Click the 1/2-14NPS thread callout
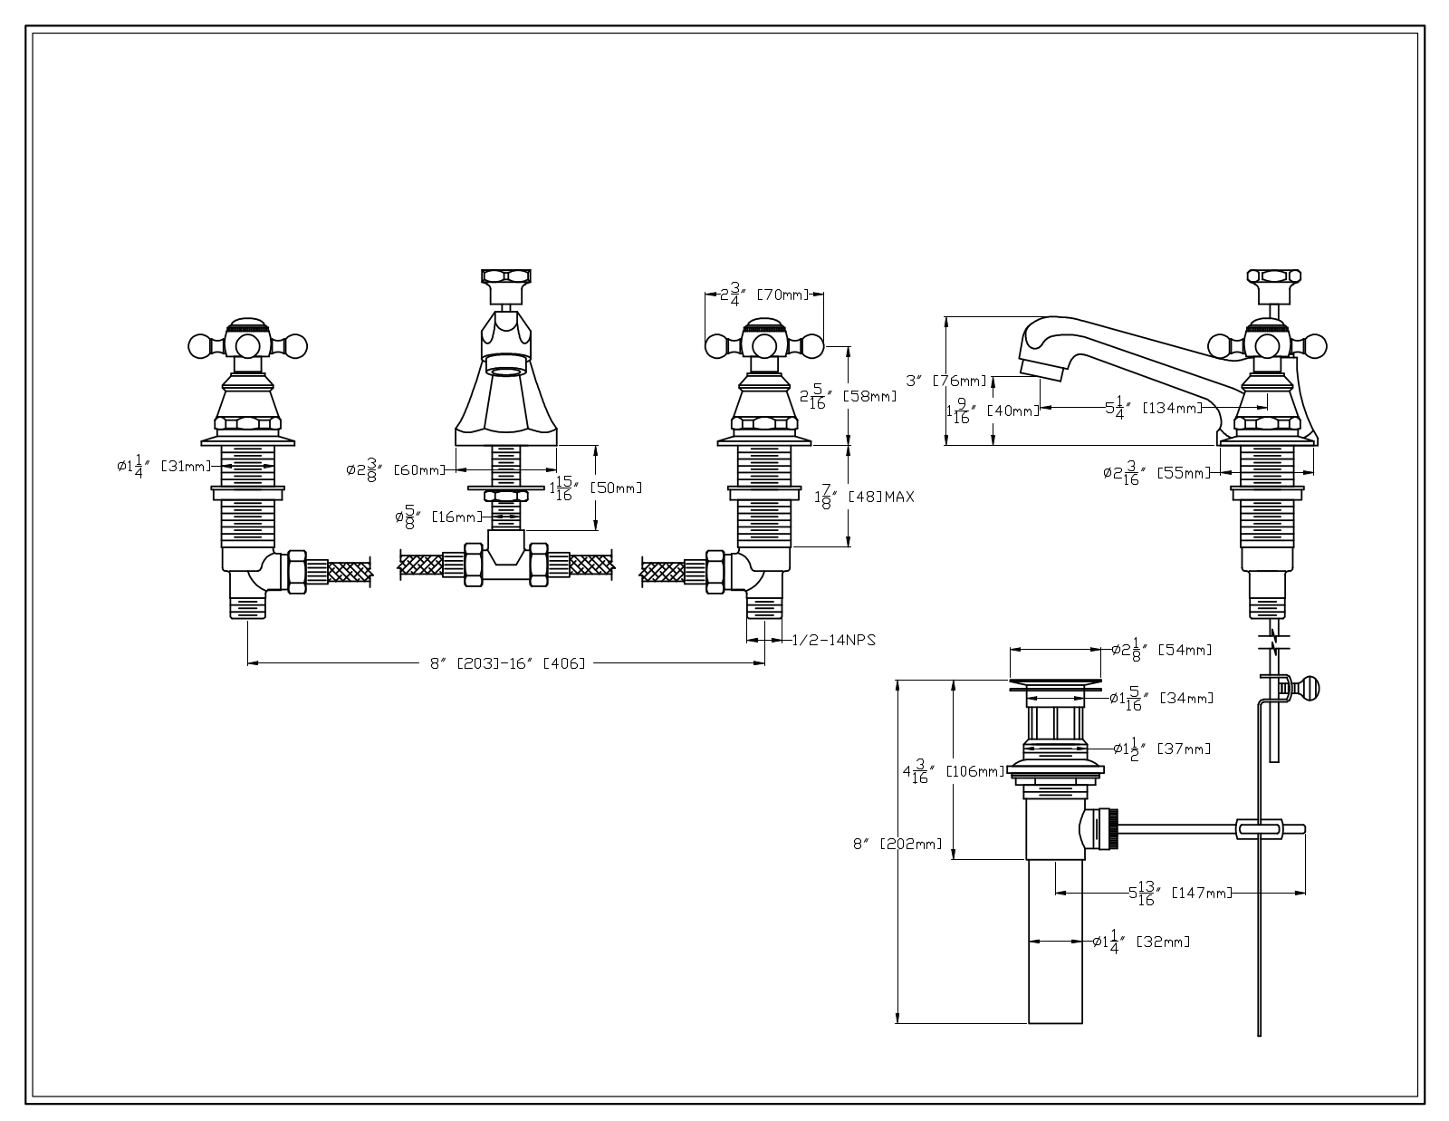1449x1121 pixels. [833, 640]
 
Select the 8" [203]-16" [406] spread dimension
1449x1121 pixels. [507, 663]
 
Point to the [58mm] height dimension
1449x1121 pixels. [869, 396]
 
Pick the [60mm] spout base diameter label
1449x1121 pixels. [419, 469]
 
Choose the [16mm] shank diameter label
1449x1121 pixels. [456, 517]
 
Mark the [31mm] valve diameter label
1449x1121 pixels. [186, 466]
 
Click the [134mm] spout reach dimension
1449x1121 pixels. [1172, 408]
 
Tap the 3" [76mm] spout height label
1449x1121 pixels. [946, 381]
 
